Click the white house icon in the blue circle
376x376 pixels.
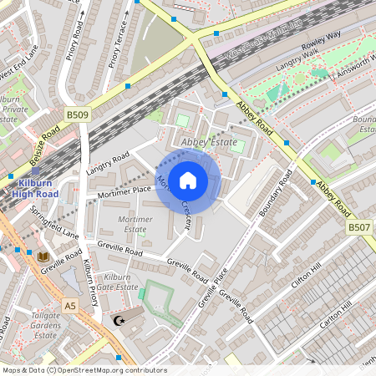click(x=188, y=180)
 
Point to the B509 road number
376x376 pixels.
click(x=78, y=116)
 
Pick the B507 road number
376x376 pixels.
click(x=358, y=226)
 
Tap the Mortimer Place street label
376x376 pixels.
click(x=123, y=191)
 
